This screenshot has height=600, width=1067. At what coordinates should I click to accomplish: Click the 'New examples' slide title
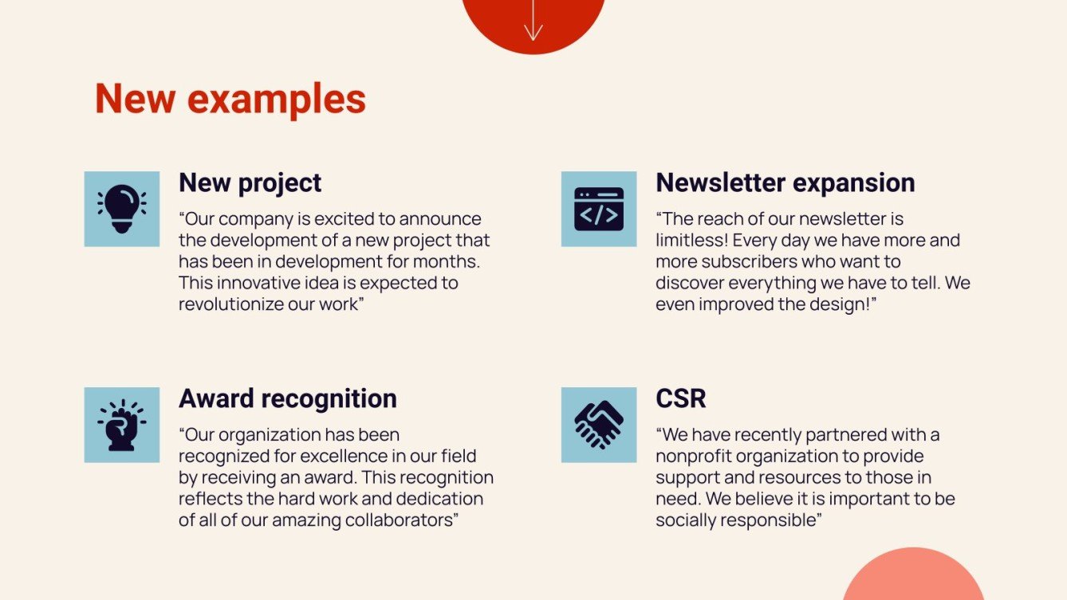pos(230,99)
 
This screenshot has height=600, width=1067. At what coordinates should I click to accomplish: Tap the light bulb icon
pos(121,209)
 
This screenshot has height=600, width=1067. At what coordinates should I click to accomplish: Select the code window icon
pos(598,209)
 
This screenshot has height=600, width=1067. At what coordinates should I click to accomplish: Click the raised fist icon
pos(121,425)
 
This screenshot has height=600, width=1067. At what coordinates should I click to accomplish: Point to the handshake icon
pos(598,425)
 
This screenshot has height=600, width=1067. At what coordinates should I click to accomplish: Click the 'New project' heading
pos(250,182)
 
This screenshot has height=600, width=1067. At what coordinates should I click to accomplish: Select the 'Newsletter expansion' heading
pos(785,182)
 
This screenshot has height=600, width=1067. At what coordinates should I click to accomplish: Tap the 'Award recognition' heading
pos(287,398)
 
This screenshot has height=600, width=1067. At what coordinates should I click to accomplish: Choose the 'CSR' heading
pos(680,398)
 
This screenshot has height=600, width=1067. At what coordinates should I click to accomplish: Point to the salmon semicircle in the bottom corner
pos(913,578)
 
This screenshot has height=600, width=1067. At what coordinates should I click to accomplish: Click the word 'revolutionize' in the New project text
pos(222,304)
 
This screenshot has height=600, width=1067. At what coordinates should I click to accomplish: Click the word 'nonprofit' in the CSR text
pos(694,457)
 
